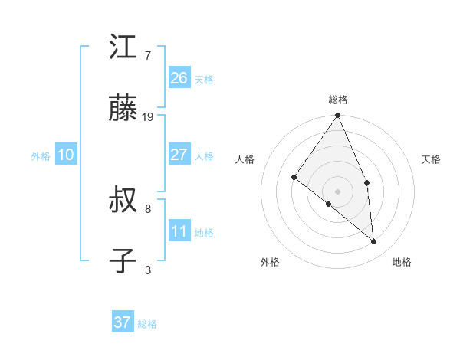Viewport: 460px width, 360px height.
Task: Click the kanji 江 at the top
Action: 123,47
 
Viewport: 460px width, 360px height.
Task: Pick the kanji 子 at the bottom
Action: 123,262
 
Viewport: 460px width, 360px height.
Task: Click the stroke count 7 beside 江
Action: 147,55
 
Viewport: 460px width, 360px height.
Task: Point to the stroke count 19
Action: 149,117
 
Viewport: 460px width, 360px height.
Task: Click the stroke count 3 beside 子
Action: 147,270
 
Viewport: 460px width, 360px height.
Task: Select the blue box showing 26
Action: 179,77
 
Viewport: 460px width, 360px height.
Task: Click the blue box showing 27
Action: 179,155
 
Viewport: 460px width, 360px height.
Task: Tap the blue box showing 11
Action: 179,231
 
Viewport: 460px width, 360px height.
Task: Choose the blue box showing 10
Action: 65,155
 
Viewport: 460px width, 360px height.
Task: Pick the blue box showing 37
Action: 122,322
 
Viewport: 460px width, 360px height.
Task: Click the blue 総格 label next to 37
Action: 147,324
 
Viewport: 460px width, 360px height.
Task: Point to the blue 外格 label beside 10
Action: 41,156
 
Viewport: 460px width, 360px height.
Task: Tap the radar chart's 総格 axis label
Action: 338,100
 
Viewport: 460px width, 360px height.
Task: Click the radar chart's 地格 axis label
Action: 402,262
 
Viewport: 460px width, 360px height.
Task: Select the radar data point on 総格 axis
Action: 338,116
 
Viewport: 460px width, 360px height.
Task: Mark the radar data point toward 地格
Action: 374,241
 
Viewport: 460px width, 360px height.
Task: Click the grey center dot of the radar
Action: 338,191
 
